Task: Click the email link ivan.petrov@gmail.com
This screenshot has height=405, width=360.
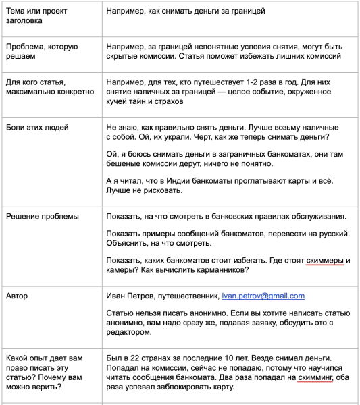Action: [x=263, y=296]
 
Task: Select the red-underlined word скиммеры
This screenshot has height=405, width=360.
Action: [x=328, y=261]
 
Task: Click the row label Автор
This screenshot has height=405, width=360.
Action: [x=17, y=296]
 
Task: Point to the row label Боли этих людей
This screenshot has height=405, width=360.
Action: [x=37, y=127]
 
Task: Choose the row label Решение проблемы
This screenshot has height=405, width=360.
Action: [x=42, y=216]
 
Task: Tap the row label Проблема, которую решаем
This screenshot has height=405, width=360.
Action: [x=42, y=51]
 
